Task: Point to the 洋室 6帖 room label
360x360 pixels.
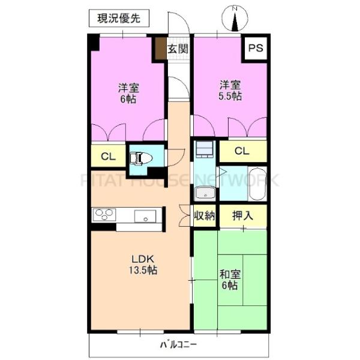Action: click(128, 92)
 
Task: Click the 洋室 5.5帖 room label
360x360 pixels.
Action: click(230, 90)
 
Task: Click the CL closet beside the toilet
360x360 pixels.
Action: click(108, 157)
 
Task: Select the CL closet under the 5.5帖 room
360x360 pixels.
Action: click(241, 151)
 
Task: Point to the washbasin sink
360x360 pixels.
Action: click(204, 194)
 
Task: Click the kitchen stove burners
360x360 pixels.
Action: click(103, 214)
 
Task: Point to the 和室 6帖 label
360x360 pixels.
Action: click(230, 280)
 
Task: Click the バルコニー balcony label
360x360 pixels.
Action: click(179, 344)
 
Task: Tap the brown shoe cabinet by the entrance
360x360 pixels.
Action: click(160, 49)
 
